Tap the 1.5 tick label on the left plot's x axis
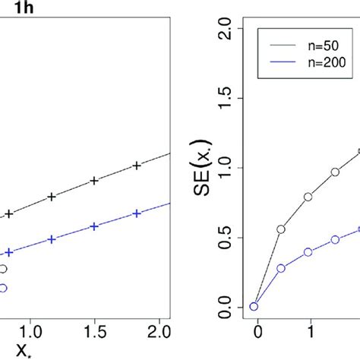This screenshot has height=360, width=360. pos(94,332)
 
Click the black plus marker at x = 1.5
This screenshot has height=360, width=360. pos(94,181)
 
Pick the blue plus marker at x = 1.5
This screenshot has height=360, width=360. pos(94,226)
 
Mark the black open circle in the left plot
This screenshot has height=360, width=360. pos(3,269)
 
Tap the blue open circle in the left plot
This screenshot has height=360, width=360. pos(3,288)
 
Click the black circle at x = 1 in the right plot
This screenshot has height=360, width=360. pos(308,197)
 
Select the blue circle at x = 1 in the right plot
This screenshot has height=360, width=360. pos(308,251)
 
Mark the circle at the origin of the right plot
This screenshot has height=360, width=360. pos(254,306)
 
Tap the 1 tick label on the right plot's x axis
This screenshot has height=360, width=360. pos(310,332)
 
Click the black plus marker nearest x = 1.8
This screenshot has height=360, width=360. pos(137,166)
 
